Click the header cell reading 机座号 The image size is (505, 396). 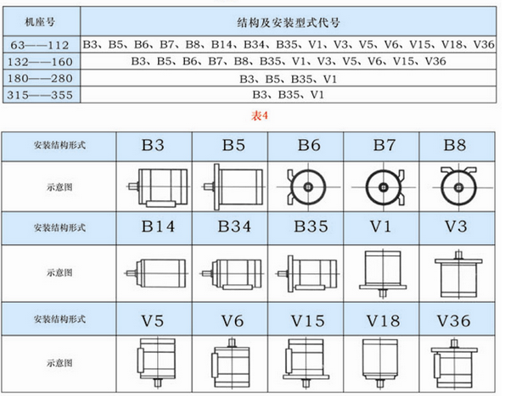click(40, 22)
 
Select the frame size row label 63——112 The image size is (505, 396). click(40, 45)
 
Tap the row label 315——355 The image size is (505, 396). click(40, 95)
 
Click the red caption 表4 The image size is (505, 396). click(260, 116)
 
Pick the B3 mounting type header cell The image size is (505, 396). click(153, 145)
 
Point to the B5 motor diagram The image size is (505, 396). click(233, 187)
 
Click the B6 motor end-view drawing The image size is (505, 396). click(308, 187)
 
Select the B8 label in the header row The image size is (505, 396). click(455, 145)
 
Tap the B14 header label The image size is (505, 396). click(158, 226)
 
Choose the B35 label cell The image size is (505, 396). click(311, 226)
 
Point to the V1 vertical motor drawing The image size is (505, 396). click(383, 274)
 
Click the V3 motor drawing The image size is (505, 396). click(458, 274)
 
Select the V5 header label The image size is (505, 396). click(152, 321)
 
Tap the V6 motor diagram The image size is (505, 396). click(231, 363)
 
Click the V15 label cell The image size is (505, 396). click(307, 321)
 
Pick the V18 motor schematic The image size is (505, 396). click(380, 363)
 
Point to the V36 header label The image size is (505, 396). click(453, 321)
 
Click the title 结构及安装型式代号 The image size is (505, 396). click(289, 23)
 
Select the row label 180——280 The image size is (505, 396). click(40, 78)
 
